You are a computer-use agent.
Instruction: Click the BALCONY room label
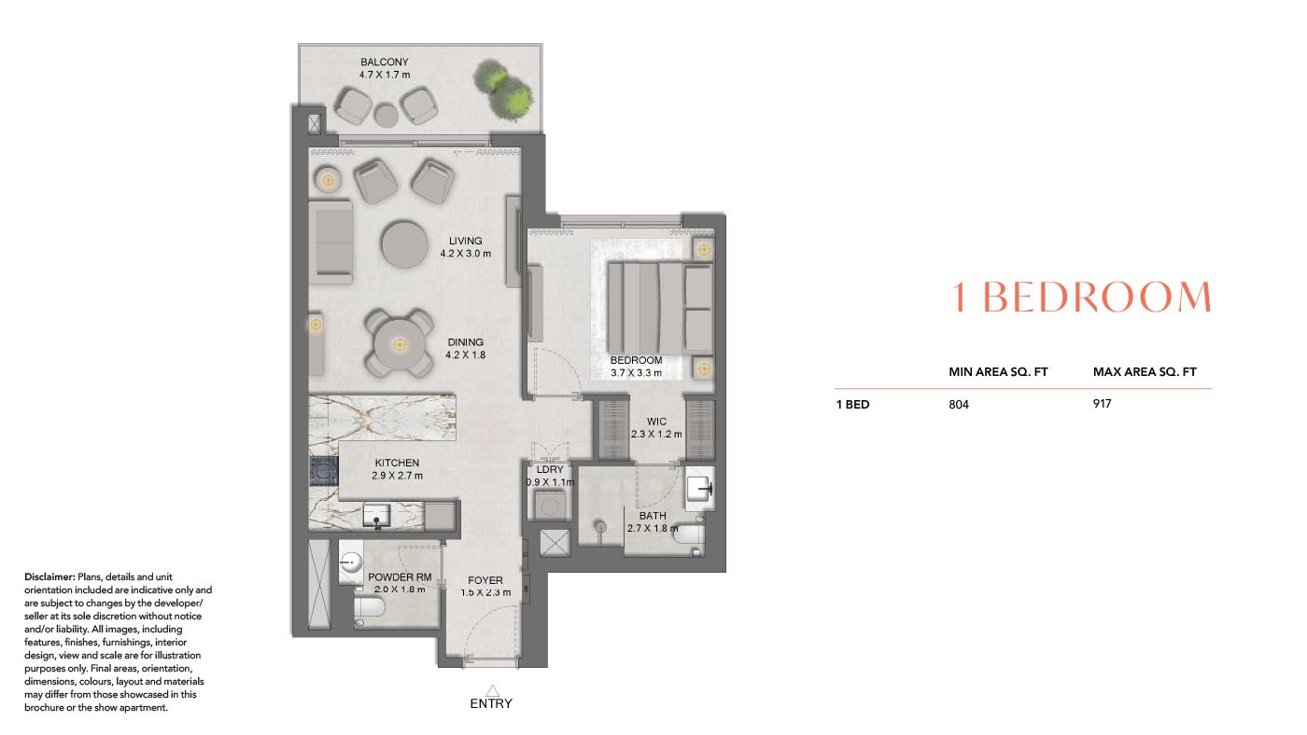coord(385,68)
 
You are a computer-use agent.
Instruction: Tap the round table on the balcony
coord(386,115)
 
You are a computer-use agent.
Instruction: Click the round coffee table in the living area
coord(406,244)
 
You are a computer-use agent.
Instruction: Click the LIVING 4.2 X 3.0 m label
coord(466,247)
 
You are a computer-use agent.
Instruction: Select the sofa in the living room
coord(331,242)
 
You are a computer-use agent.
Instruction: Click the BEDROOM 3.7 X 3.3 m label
coord(636,367)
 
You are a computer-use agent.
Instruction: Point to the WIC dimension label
coord(656,427)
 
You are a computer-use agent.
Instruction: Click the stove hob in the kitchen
coord(323,471)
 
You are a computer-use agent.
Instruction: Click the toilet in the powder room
coord(371,611)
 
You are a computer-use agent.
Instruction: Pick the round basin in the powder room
coord(351,562)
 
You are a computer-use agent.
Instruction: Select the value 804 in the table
coord(960,405)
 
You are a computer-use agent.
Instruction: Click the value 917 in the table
coord(1103,404)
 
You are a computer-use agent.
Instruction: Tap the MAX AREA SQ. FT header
coord(1145,372)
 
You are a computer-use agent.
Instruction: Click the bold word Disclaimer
coord(49,577)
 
